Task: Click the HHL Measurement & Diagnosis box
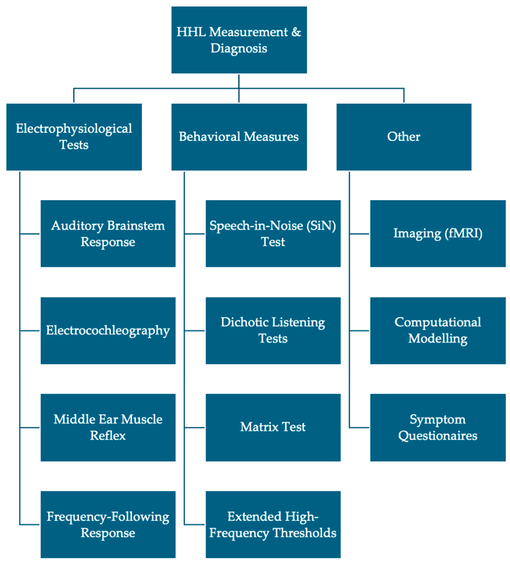point(239,40)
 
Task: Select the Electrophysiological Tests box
point(74,137)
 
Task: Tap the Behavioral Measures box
point(239,137)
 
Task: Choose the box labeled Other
point(404,137)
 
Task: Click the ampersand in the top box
point(296,32)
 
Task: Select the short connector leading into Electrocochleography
point(30,331)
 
